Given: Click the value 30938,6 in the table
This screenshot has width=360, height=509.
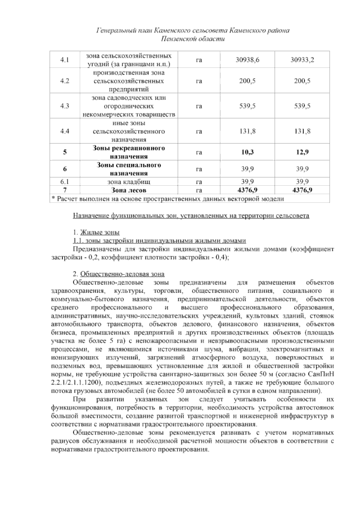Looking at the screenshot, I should (x=247, y=60).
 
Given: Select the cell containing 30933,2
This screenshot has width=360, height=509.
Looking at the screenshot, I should (x=302, y=60).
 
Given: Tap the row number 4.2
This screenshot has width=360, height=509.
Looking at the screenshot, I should (x=65, y=81).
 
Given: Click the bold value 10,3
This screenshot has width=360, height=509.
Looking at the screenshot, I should (x=247, y=152).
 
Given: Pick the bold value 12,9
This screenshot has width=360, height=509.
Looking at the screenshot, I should (x=302, y=152).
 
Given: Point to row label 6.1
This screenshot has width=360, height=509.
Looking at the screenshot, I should (x=65, y=182).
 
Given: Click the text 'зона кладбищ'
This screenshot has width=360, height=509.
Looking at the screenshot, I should (x=129, y=182).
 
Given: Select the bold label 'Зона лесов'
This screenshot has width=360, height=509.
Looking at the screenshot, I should (x=129, y=190).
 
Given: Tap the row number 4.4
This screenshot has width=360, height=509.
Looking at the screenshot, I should (x=65, y=131).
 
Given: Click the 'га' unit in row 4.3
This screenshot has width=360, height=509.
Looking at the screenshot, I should (x=199, y=106).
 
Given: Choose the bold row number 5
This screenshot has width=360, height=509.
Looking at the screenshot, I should (x=65, y=152).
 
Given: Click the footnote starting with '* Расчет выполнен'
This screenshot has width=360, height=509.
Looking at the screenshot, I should (x=167, y=199).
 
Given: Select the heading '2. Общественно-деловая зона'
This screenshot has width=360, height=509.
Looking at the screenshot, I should (x=118, y=274).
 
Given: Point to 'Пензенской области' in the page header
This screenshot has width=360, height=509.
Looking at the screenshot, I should (x=193, y=39).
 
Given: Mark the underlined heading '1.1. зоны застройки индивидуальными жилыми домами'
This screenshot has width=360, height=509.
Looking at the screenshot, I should (x=160, y=241).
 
